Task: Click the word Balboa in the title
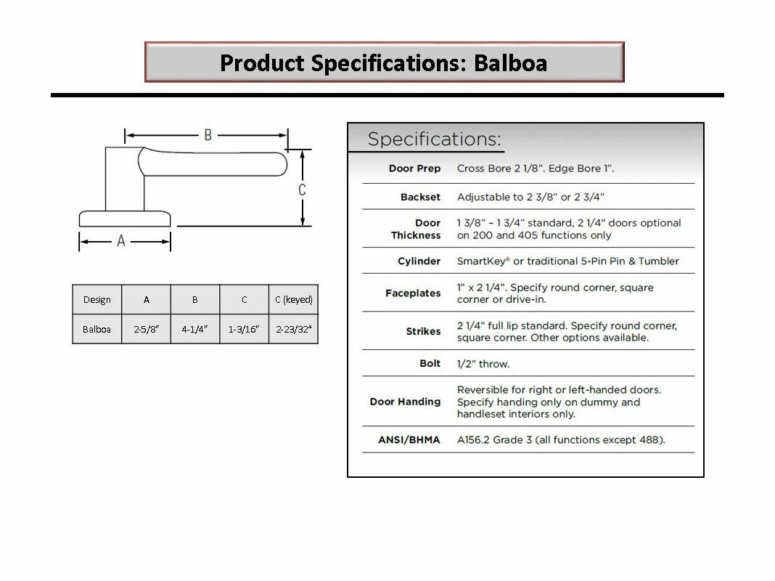pos(510,62)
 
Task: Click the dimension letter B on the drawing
pos(208,135)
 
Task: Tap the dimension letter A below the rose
pos(121,240)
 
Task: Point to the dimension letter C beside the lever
pos(302,190)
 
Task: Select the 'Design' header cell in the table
pos(97,300)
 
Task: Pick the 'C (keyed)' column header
pos(293,300)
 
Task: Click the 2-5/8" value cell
pos(146,329)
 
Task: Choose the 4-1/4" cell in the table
pos(194,329)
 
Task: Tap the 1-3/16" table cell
pos(244,329)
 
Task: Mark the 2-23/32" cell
pos(293,329)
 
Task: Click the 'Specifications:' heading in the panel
pos(434,139)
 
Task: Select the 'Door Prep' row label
pos(414,168)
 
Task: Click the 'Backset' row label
pos(420,197)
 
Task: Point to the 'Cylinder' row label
pos(419,261)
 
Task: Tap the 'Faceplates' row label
pos(413,293)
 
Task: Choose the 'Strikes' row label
pos(423,331)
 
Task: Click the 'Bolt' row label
pos(430,363)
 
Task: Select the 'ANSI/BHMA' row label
pos(409,439)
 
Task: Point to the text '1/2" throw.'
pos(483,363)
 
